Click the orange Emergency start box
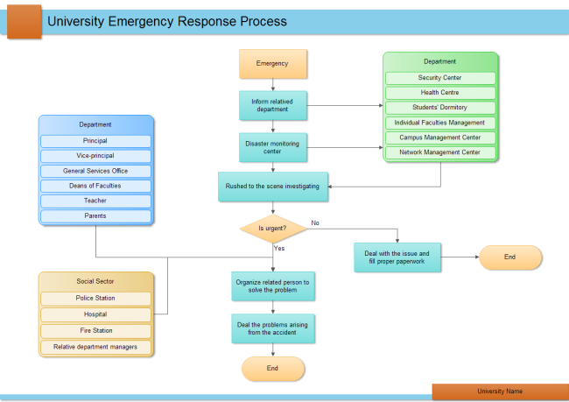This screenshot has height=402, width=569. coord(273,64)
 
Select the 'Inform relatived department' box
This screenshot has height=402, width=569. coord(273,105)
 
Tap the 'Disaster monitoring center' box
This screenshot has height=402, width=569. coord(273,147)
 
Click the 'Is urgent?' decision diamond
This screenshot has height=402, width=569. coord(273,229)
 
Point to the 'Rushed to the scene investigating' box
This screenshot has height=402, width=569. coord(273,186)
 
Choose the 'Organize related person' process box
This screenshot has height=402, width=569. coord(273,287)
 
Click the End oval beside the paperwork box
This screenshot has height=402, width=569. coord(509,257)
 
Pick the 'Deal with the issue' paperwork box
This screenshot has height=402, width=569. coord(397,257)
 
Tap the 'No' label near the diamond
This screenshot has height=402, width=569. coord(315,222)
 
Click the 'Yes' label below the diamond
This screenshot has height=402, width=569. coord(279,249)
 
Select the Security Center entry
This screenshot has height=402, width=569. coord(439,78)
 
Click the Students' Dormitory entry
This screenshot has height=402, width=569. coord(439,108)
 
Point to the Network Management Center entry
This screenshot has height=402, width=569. coord(439,152)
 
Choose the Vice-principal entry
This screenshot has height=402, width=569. coord(95,156)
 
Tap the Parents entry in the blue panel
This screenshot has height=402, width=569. coord(95,215)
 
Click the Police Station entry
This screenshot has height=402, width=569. coord(95,299)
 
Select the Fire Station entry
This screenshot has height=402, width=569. coord(95,331)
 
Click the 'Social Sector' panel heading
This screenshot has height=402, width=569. coord(95,282)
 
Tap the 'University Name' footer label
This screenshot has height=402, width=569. coord(500,391)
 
